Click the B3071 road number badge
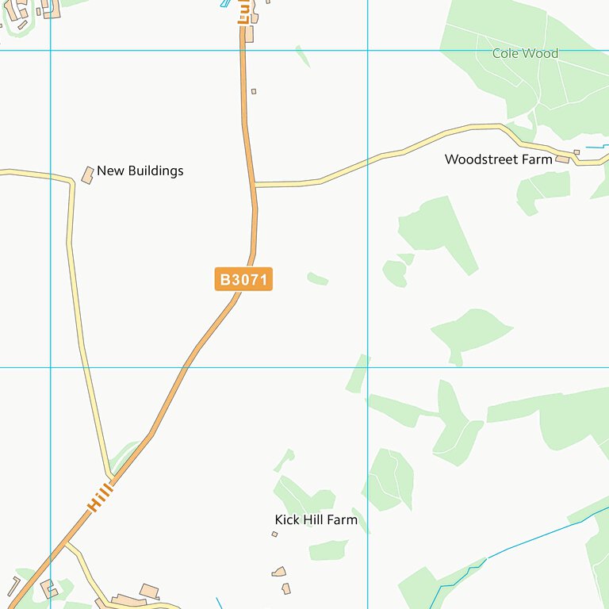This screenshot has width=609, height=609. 243,279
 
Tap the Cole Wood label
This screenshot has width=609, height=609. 525,54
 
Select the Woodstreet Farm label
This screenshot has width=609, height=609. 498,159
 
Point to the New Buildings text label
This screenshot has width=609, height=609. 140,170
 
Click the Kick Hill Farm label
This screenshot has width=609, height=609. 316,520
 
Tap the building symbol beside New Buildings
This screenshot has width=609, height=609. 87,174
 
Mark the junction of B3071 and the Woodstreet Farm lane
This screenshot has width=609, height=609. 255,185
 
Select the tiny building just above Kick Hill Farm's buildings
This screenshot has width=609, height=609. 274,534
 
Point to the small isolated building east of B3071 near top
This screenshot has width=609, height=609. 254,91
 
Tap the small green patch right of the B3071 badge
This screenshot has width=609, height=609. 317,278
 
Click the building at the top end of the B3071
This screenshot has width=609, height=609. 249,34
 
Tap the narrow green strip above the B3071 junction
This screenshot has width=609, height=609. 303,56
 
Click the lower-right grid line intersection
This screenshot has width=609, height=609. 368,367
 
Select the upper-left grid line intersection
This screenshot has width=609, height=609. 51,51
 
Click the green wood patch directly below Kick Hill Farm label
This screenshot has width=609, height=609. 327,550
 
